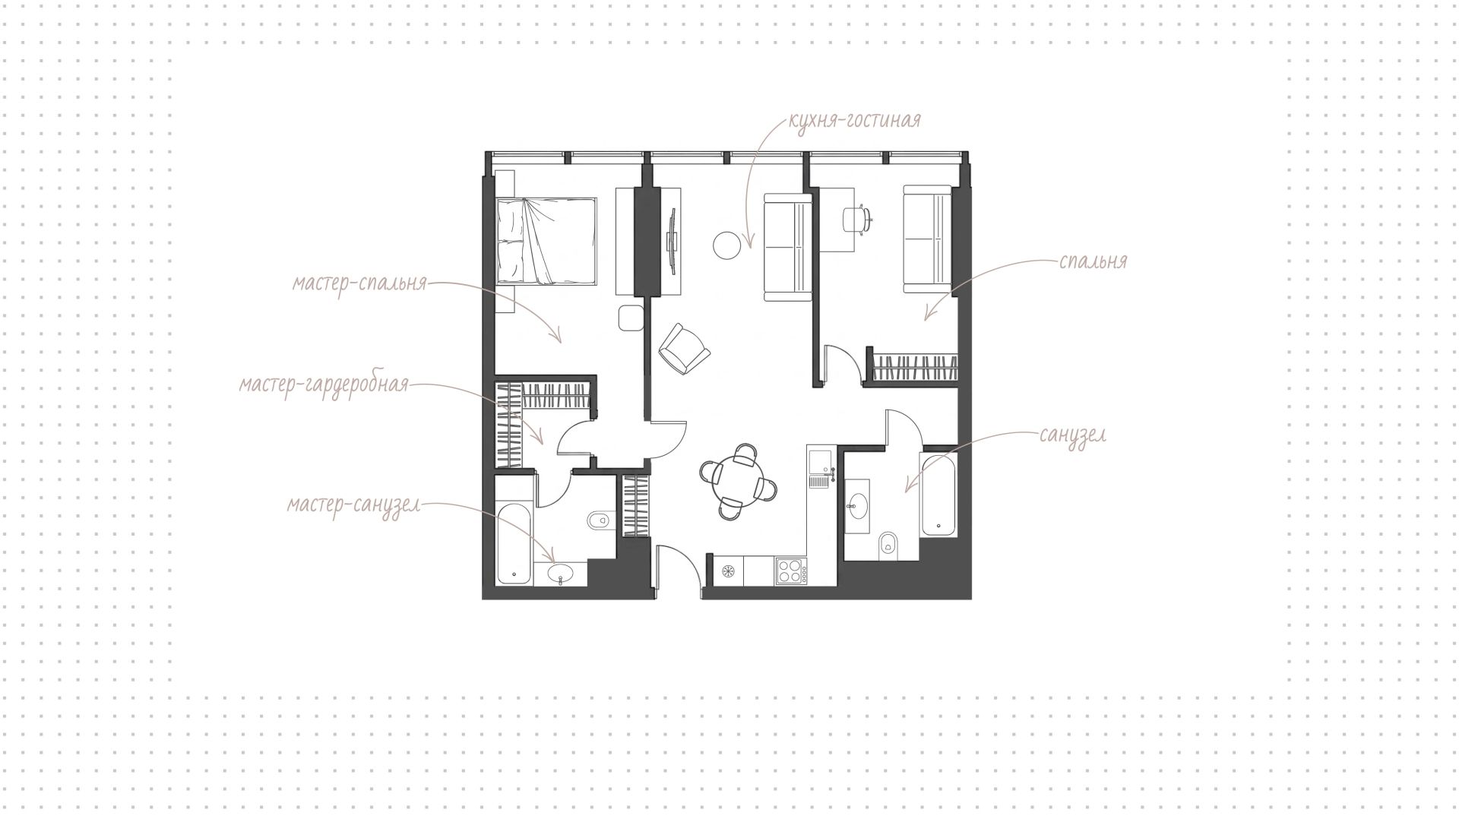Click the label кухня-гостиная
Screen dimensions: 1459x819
(x=855, y=120)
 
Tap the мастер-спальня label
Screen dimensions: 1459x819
(x=360, y=284)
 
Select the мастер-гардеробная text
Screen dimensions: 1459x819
(x=324, y=385)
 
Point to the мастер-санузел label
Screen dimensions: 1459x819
(x=353, y=505)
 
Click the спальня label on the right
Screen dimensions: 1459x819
(x=1093, y=262)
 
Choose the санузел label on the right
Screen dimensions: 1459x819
(x=1073, y=435)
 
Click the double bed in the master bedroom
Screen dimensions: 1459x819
(x=546, y=242)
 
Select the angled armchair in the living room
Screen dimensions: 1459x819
(x=684, y=349)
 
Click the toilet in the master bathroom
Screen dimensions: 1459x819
(x=600, y=520)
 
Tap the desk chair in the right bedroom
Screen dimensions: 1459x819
(x=856, y=218)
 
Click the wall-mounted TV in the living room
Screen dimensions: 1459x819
(x=671, y=241)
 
